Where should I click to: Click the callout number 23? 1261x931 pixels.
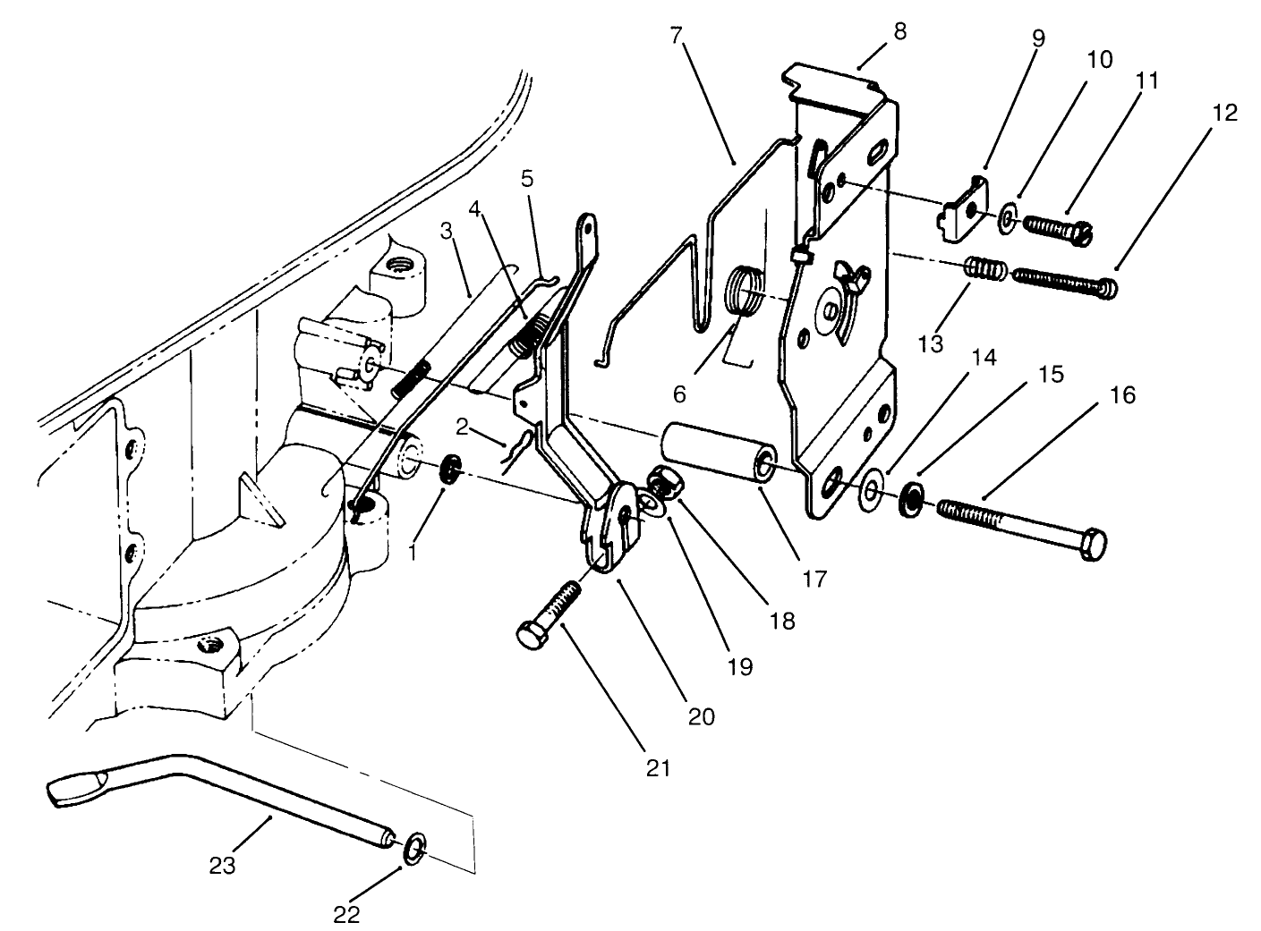[222, 867]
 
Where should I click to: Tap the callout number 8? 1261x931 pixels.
[900, 32]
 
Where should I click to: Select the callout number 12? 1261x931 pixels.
[1224, 113]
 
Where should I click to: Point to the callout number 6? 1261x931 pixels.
[680, 394]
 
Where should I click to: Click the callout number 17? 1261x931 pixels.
[814, 580]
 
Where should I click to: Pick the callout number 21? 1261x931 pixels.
[659, 768]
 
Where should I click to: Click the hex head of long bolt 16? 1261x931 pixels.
[1092, 545]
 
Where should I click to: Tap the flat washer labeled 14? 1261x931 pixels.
[871, 490]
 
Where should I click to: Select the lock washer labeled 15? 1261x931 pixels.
[911, 498]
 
